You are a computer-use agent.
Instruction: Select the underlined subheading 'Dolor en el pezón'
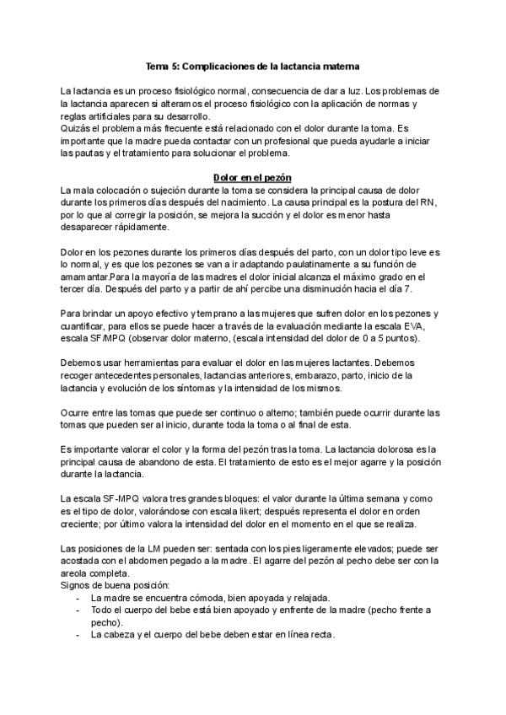coord(252,178)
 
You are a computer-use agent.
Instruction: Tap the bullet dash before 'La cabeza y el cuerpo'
coord(78,634)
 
